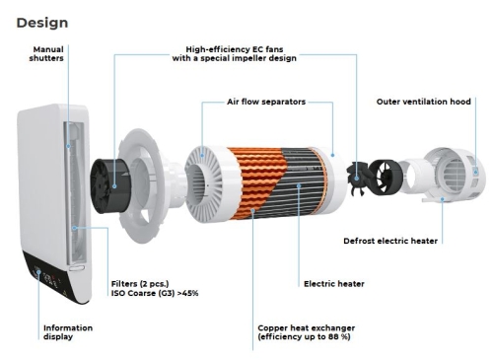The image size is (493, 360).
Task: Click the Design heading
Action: (x=42, y=23)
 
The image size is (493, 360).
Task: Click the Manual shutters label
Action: (x=46, y=53)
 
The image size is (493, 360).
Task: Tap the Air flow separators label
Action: (x=266, y=102)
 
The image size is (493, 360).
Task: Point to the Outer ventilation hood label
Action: (x=424, y=102)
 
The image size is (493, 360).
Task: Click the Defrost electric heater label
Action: (x=390, y=241)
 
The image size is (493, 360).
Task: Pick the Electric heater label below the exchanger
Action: (x=334, y=284)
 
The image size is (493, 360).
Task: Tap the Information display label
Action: (x=68, y=332)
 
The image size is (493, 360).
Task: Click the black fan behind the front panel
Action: (x=110, y=186)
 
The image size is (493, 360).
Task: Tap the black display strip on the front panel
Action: (x=57, y=278)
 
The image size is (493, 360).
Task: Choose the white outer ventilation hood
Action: (x=454, y=175)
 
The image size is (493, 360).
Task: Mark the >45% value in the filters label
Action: (x=187, y=293)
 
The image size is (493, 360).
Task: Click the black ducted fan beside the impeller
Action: (x=386, y=176)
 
